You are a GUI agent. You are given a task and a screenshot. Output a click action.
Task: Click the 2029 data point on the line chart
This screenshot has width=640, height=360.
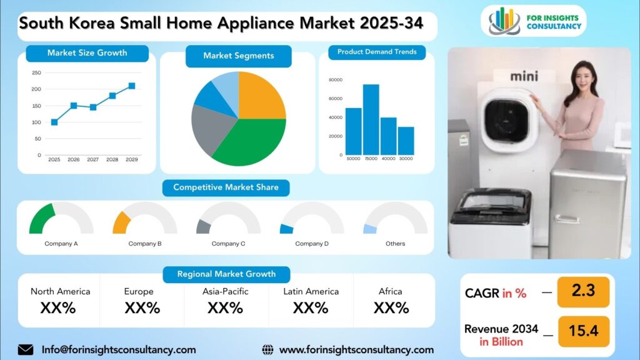pos(132,86)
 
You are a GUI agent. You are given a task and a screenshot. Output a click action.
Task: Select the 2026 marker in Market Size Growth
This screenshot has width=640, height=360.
pos(74,106)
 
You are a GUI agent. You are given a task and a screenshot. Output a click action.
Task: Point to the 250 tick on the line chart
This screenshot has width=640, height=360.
pos(36,72)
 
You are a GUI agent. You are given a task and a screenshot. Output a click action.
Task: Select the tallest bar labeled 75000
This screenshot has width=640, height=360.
pos(371,119)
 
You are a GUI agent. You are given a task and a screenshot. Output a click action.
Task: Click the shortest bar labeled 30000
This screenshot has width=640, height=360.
pos(406,141)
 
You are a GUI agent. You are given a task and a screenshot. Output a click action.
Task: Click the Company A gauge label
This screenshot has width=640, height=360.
pos(61,244)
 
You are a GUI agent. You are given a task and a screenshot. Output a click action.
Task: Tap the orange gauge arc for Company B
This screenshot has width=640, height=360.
pos(121,222)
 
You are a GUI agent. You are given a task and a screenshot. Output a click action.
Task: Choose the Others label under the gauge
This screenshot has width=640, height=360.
pos(395,244)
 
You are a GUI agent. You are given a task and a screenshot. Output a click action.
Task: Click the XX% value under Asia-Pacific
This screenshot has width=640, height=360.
pos(225,308)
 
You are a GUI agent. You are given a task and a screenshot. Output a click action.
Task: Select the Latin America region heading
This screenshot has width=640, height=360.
pos(311,291)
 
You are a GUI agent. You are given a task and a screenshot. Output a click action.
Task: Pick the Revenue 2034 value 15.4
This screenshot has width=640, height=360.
pos(583,331)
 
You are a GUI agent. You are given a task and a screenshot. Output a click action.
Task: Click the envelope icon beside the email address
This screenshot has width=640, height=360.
pos(26,349)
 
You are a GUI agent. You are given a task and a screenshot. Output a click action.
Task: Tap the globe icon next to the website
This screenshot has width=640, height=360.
pos(267,349)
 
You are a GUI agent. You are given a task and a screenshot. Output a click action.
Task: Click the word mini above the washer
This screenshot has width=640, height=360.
pos(524,77)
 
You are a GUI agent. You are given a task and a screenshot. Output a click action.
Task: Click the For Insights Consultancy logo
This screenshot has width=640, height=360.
pos(534,21)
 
